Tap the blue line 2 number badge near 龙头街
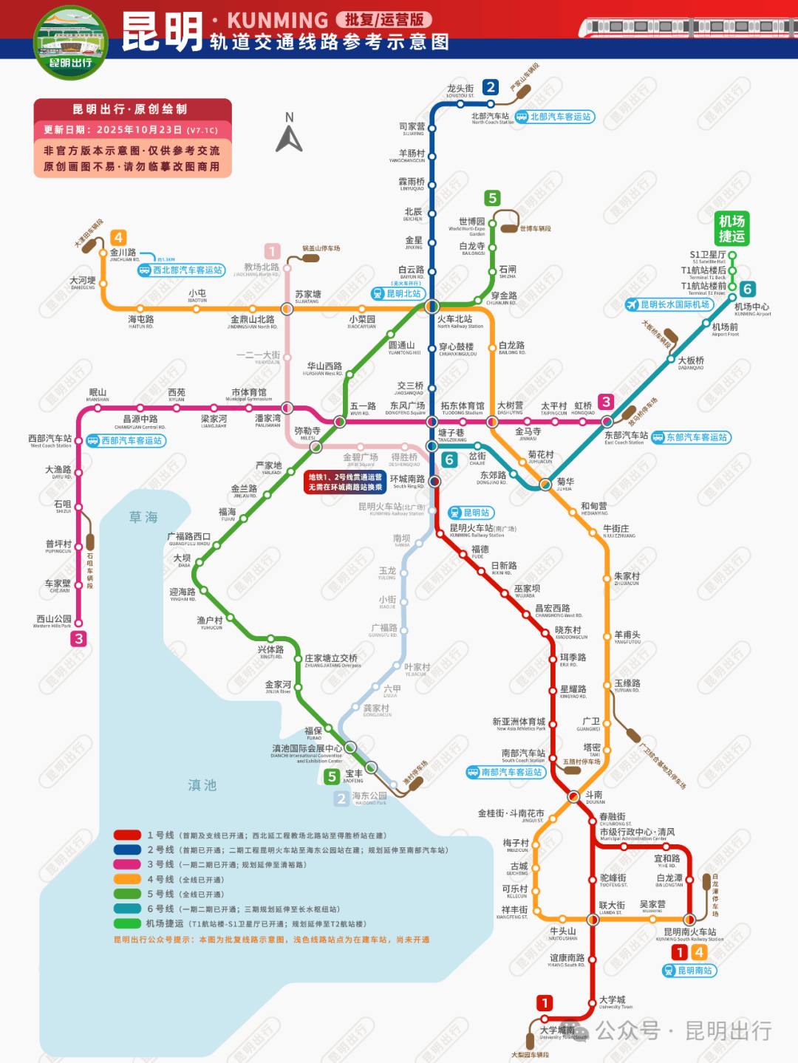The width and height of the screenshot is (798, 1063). [491, 87]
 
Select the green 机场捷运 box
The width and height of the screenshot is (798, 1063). [731, 228]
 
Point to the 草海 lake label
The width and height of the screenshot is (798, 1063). [143, 517]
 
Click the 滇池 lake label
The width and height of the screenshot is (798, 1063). [202, 785]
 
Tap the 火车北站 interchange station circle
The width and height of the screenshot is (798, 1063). [432, 306]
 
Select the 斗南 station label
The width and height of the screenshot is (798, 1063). [594, 796]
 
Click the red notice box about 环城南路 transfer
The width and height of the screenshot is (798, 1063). [345, 482]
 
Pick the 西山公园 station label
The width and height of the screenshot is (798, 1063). [54, 620]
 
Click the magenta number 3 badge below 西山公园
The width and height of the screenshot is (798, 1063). [79, 639]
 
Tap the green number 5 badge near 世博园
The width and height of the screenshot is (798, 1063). [492, 198]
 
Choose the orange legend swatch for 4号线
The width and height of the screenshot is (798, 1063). [127, 879]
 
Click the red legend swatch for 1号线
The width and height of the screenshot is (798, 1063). [127, 835]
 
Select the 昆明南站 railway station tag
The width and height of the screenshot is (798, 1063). [689, 971]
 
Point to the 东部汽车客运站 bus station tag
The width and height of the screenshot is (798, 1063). [690, 437]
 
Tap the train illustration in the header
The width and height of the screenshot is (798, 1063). [687, 27]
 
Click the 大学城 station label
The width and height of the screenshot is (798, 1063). [612, 1000]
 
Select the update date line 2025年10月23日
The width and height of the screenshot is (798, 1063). [132, 129]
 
